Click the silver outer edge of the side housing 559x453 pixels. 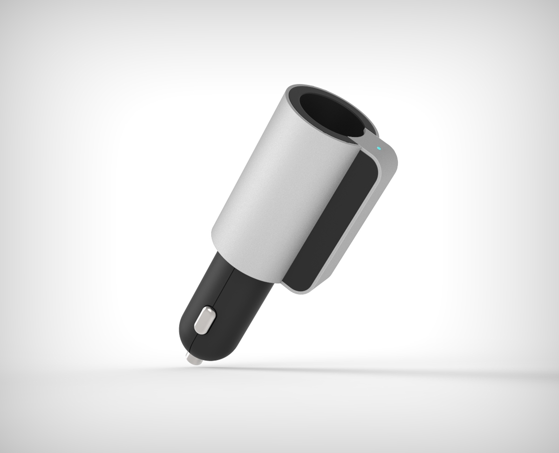coord(363,233)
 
